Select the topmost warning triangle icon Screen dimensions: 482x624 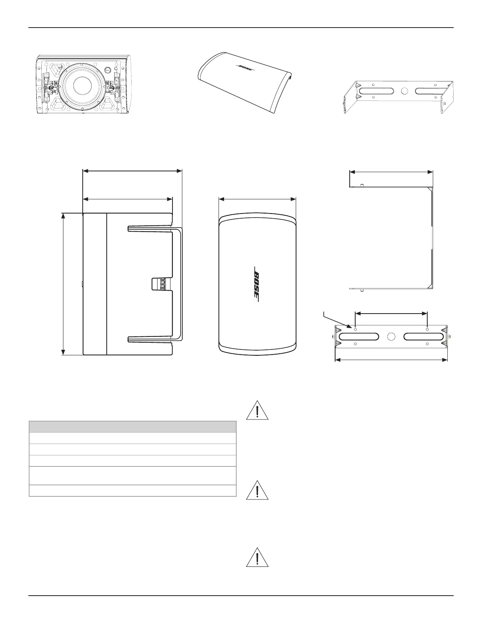point(257,410)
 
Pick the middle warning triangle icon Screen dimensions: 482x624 point(257,491)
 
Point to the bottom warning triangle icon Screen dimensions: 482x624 point(257,557)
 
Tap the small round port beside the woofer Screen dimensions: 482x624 point(109,70)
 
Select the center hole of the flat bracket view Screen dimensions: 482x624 point(391,337)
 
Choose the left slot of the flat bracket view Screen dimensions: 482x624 point(359,337)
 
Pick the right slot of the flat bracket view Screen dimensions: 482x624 point(424,337)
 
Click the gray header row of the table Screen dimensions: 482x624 point(133,427)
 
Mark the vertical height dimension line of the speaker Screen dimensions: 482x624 point(63,284)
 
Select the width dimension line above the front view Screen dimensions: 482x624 point(257,199)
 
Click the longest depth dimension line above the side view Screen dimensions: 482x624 point(132,171)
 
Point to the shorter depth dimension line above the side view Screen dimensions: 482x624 point(128,199)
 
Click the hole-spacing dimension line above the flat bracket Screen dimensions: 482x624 point(391,314)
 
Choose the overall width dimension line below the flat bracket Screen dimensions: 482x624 point(391,359)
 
